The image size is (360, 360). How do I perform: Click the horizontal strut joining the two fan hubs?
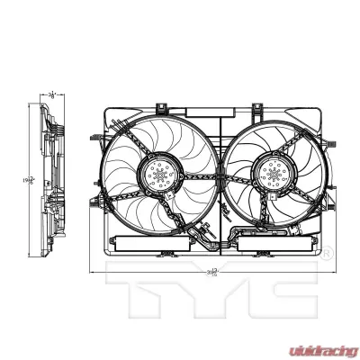[216, 175]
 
